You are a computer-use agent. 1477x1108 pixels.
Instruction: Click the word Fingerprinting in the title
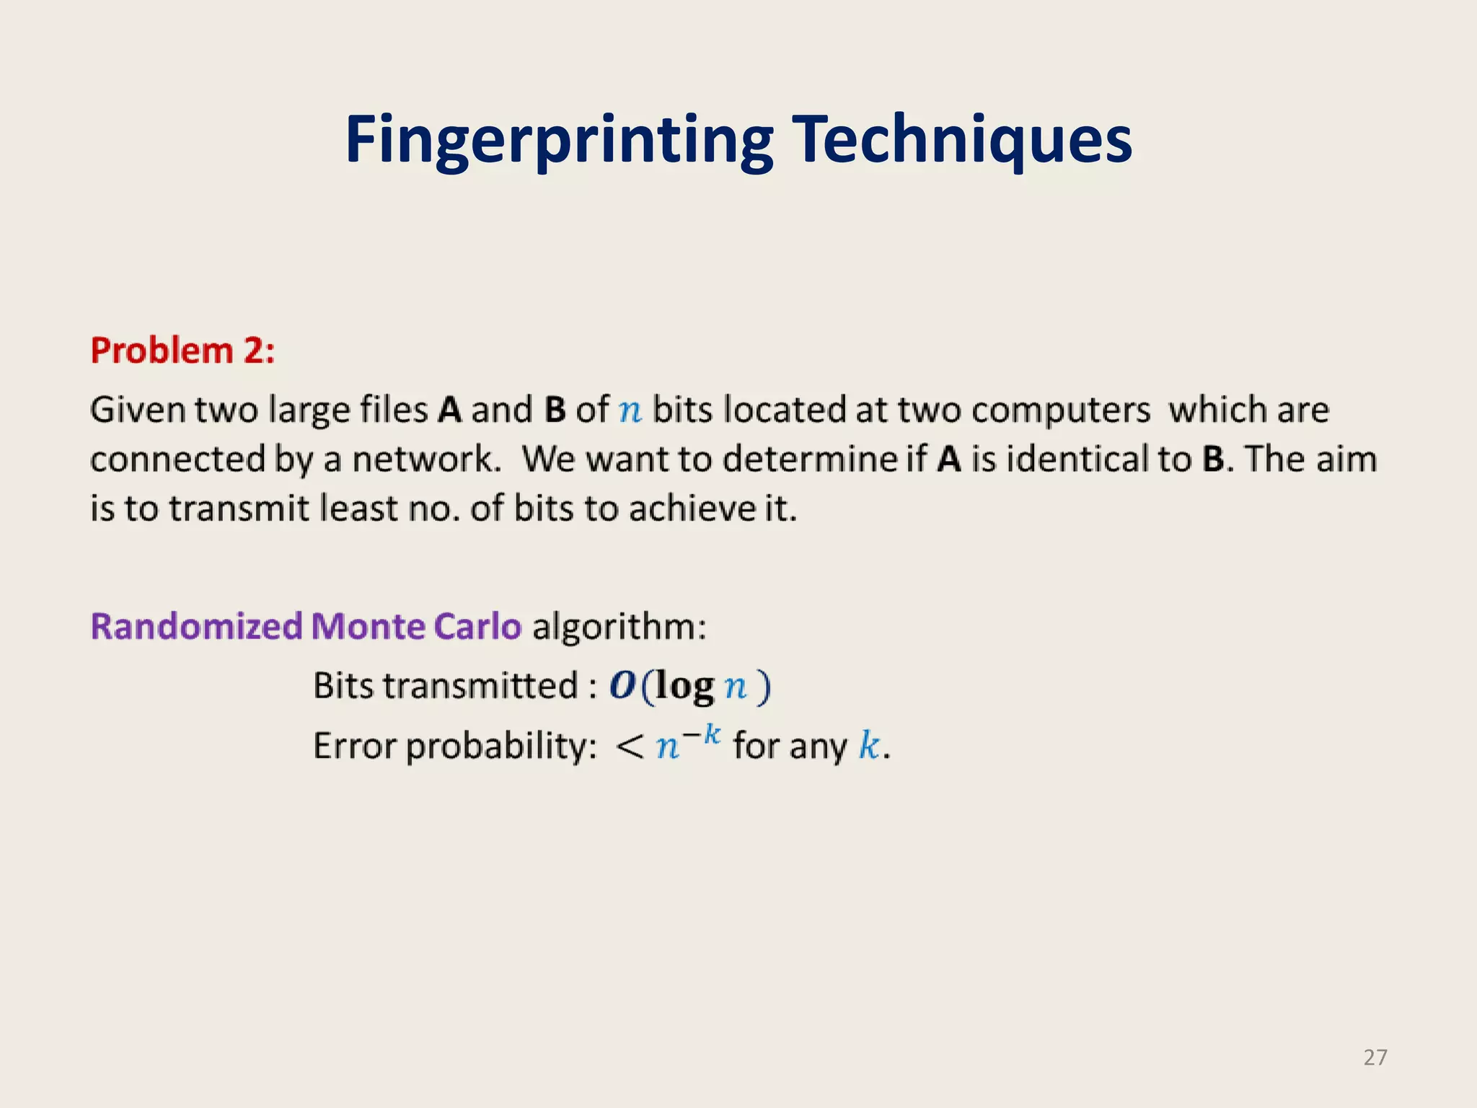[x=559, y=141]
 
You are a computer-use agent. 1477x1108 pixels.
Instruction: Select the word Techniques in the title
[x=962, y=141]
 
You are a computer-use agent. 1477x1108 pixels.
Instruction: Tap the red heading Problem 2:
[x=182, y=351]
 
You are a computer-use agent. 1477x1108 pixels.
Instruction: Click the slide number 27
[x=1375, y=1058]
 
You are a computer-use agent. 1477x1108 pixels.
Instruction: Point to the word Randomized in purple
[x=196, y=626]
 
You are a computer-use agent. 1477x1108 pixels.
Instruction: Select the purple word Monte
[x=367, y=626]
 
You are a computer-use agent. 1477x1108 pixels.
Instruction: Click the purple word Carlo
[x=477, y=626]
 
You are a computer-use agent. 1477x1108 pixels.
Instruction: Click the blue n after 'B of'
[x=630, y=411]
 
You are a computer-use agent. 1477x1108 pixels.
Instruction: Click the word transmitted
[x=480, y=686]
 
